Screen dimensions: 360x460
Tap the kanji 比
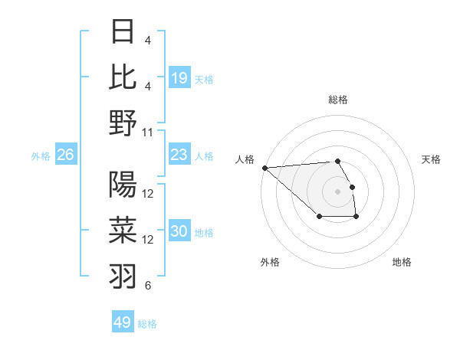coord(123,77)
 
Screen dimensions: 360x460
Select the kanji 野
coord(123,123)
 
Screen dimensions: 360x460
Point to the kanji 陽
coord(123,184)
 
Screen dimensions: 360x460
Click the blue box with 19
coord(179,78)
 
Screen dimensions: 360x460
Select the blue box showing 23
coord(179,155)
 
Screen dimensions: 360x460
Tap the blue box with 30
coord(179,231)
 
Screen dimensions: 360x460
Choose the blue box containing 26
coord(66,155)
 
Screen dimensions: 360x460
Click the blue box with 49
coord(123,322)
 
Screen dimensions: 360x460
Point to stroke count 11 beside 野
coord(149,132)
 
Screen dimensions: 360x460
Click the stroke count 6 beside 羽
coord(148,286)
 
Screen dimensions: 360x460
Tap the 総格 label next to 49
coord(147,324)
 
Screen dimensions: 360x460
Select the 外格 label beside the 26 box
coord(41,156)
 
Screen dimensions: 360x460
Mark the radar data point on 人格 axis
coord(264,168)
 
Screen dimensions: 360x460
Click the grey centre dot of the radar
coord(337,191)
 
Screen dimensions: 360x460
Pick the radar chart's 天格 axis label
coord(431,159)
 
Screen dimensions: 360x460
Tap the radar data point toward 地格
coord(356,218)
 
